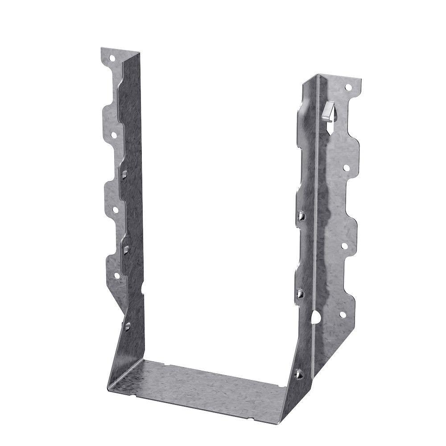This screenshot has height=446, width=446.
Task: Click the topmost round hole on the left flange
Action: (112, 58)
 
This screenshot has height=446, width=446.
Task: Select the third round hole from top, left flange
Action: (115, 209)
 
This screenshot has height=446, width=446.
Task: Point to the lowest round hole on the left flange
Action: (117, 276)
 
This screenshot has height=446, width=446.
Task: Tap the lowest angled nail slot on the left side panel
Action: (128, 326)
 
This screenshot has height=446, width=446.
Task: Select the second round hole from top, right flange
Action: (346, 168)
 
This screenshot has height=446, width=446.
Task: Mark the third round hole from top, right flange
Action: (344, 246)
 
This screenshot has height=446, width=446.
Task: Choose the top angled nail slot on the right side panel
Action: (301, 217)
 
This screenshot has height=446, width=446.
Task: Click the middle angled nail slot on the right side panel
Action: (301, 293)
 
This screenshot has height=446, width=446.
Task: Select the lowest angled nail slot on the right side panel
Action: (299, 373)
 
